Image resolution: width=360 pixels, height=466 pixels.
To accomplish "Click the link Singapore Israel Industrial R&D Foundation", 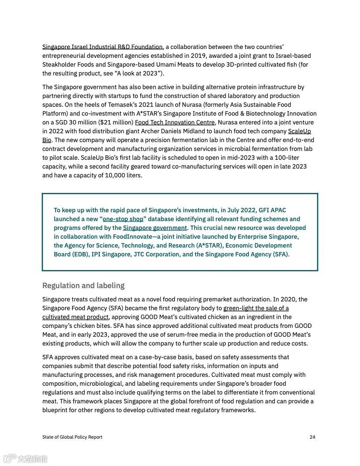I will [102, 47].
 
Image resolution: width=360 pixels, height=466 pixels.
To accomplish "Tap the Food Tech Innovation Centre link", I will [175, 122].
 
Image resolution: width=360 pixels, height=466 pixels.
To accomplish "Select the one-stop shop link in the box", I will [123, 219].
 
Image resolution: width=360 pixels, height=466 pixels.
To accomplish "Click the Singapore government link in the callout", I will [155, 228].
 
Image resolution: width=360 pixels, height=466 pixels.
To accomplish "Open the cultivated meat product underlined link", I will [75, 317].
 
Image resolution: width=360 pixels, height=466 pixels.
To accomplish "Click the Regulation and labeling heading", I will [83, 285].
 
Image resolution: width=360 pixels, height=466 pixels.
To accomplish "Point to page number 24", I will [312, 437].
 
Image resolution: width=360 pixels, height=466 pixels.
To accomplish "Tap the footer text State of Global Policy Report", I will [72, 437].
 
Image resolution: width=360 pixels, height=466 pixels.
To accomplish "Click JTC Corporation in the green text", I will [156, 254].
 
